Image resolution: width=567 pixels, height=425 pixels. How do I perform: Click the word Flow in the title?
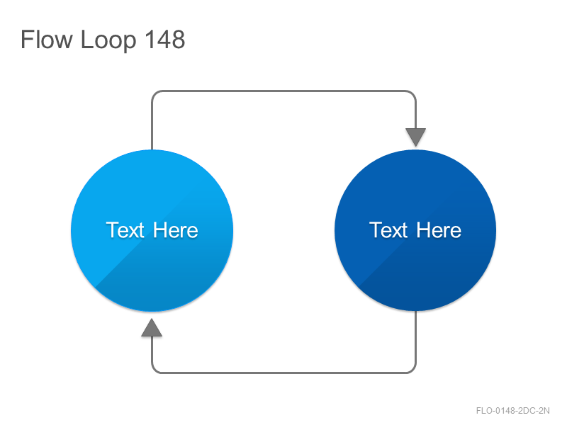[x=47, y=39]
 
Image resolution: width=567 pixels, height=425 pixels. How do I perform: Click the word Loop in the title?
[x=108, y=40]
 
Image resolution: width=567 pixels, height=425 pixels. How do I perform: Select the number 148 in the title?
[x=165, y=39]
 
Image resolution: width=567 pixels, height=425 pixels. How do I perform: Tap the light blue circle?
[x=152, y=231]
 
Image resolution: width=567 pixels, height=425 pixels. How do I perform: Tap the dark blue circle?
[x=415, y=231]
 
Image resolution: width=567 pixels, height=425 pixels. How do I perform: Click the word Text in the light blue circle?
[x=125, y=230]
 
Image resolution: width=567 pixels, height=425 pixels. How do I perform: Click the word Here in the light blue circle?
[x=176, y=230]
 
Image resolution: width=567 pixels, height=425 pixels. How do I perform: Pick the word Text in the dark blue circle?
[x=388, y=230]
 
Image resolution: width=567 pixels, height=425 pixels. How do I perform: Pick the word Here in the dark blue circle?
[x=439, y=230]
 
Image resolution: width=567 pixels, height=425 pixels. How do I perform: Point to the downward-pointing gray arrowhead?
[x=415, y=137]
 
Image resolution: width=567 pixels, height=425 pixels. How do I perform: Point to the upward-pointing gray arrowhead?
[x=152, y=328]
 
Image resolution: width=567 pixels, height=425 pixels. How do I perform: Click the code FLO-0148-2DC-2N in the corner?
[x=512, y=411]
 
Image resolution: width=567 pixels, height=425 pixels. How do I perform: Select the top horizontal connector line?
[x=284, y=91]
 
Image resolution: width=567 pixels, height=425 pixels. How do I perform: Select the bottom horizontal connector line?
[x=284, y=373]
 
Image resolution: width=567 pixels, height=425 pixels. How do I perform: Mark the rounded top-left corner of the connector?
[x=154, y=93]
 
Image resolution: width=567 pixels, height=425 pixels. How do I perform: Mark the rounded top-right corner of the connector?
[x=414, y=93]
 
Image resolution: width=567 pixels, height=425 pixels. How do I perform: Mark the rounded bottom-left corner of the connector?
[x=154, y=370]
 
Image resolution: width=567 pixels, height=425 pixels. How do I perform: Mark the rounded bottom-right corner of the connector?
[x=414, y=370]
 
